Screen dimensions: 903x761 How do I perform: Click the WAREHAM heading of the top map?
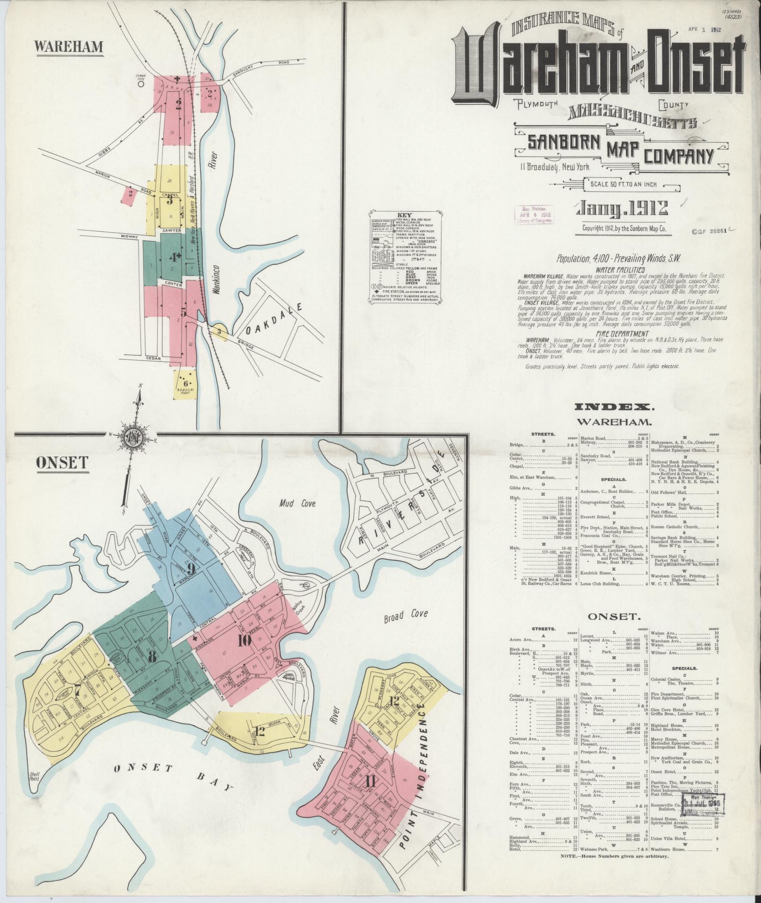point(68,47)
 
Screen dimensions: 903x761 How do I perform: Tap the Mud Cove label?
point(297,504)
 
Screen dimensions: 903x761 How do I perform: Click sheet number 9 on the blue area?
point(191,568)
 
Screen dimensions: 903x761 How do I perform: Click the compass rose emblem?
point(134,439)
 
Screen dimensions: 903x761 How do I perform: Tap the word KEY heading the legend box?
point(405,214)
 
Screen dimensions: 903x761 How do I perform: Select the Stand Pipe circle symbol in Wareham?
point(140,85)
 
